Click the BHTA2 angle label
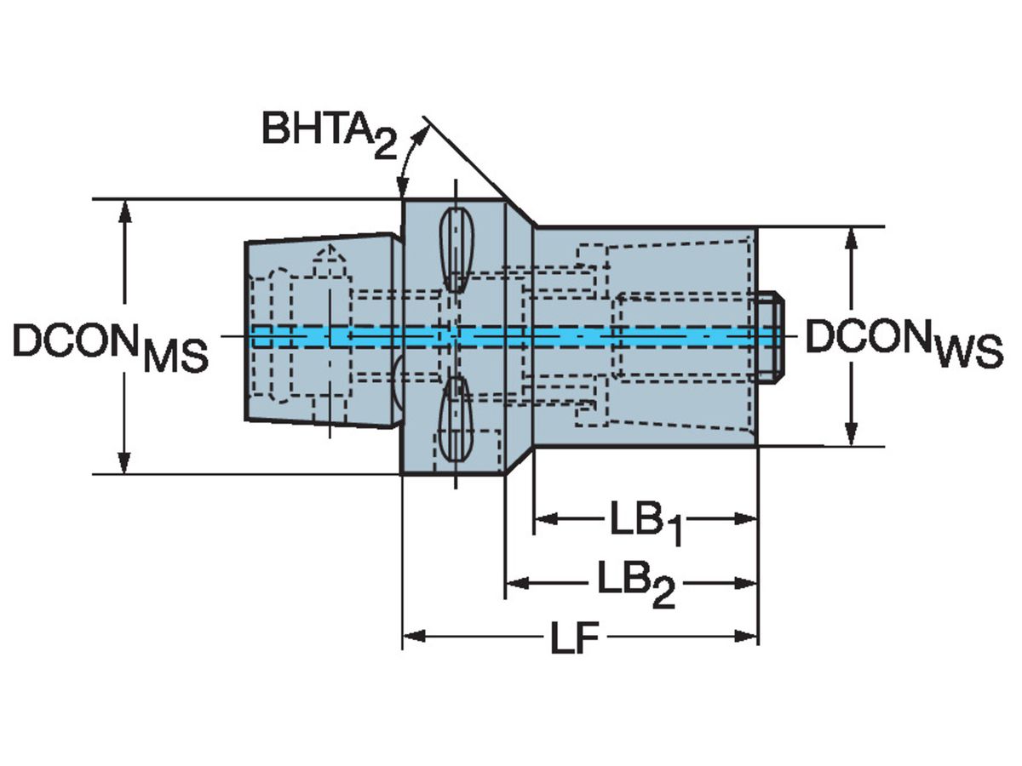coord(329,132)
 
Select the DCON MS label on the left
coord(110,346)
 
